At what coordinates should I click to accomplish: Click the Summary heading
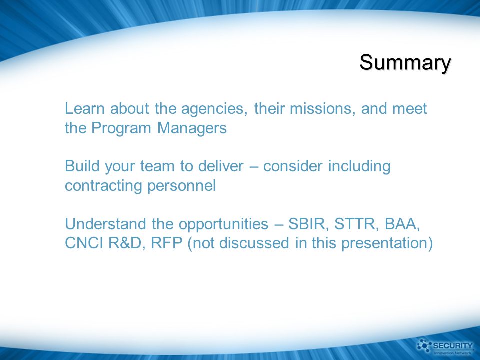[x=405, y=63]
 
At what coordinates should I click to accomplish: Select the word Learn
[x=85, y=108]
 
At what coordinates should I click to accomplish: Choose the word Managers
[x=192, y=128]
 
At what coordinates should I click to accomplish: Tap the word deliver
[x=220, y=166]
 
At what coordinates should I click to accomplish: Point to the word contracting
[x=103, y=186]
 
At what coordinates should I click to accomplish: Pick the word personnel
[x=182, y=186]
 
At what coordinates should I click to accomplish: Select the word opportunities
[x=223, y=225]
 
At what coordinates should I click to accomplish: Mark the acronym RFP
[x=167, y=243]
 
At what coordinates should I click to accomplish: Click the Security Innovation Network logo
[x=445, y=347]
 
